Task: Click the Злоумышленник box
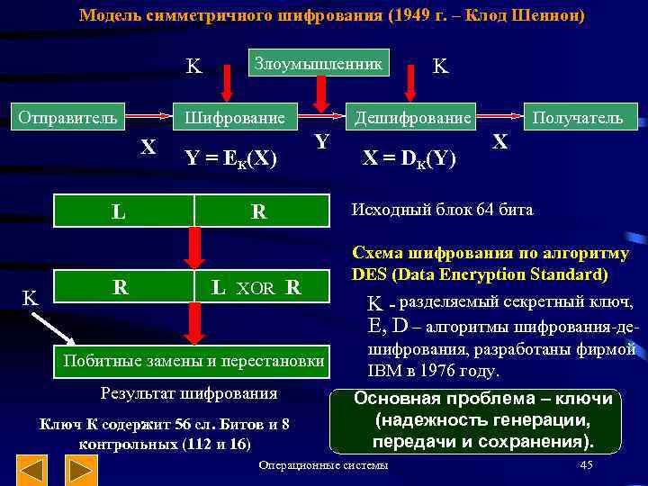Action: (319, 63)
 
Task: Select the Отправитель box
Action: (68, 117)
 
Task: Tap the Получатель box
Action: (577, 117)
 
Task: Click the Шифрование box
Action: (235, 118)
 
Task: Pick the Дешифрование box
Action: (412, 118)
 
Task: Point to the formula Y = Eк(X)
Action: (229, 158)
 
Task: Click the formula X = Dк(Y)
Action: (409, 158)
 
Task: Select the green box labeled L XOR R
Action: (256, 288)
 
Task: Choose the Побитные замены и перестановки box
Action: (190, 361)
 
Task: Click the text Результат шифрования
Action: (189, 393)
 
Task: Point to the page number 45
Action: (586, 465)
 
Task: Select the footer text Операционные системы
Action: (323, 465)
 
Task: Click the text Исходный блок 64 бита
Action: (441, 211)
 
